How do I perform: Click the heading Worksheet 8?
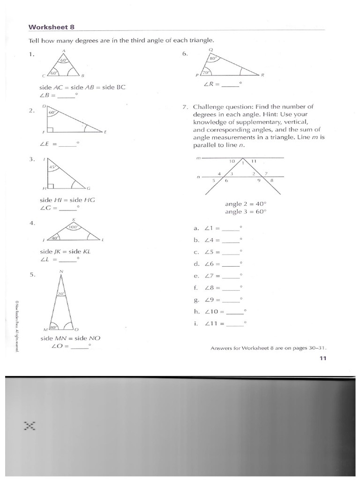click(52, 27)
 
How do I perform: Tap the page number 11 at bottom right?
click(322, 358)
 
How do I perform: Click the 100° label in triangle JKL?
click(73, 227)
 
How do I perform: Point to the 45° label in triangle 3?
click(53, 167)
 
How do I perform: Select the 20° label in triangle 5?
click(60, 293)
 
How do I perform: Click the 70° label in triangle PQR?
click(205, 73)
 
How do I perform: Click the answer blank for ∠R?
click(230, 85)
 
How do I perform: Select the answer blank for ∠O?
click(79, 347)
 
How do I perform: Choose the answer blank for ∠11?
click(235, 323)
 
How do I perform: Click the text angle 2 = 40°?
click(245, 204)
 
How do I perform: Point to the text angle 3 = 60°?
click(245, 211)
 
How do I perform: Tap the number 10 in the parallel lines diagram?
click(232, 161)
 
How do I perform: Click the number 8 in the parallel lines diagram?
click(272, 180)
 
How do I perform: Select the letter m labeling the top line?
click(198, 158)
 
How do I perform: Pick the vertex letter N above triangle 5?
click(61, 272)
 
